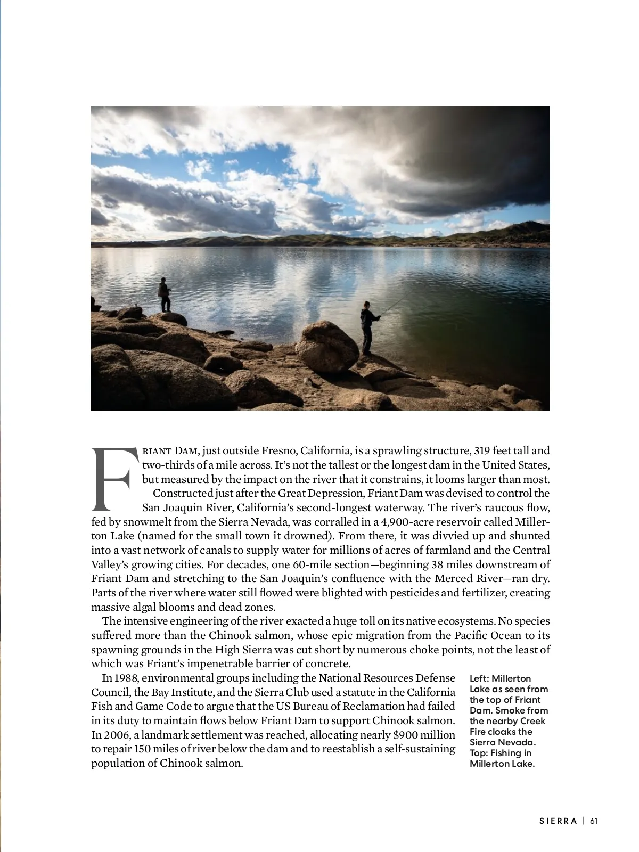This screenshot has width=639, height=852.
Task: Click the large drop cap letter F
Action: [x=112, y=478]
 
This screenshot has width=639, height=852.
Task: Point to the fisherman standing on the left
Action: [x=165, y=294]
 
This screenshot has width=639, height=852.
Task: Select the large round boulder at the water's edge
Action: [x=326, y=346]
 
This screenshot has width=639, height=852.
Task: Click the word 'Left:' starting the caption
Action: [x=479, y=678]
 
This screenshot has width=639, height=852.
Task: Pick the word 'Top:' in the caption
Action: [x=478, y=753]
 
